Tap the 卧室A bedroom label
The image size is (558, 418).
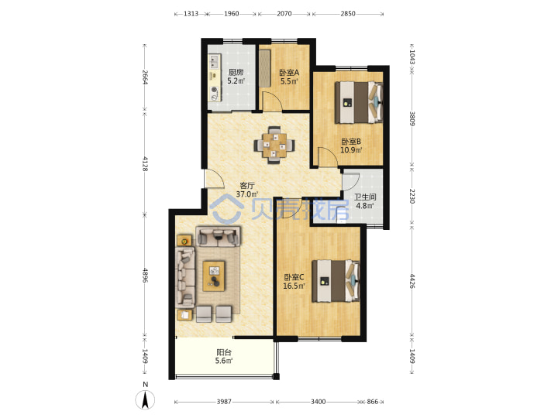pos(289,73)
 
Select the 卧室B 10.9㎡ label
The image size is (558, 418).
pos(351,146)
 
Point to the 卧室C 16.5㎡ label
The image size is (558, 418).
pos(294,282)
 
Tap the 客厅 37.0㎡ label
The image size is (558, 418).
pos(247,190)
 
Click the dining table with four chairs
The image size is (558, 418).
pos(274,145)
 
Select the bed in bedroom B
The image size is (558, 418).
pos(359,102)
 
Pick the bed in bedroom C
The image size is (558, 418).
pos(336,281)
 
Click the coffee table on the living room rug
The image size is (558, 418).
pos(214,276)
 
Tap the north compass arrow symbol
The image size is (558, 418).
pos(145,399)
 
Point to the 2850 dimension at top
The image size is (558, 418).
pos(348,13)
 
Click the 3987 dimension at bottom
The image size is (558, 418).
pos(224,402)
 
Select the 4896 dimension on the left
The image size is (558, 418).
pos(144,275)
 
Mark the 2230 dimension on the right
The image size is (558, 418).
pos(412,196)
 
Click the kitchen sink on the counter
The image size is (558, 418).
pos(214,61)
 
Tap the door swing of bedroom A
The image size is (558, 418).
pos(272,101)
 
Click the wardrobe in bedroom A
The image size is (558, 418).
pos(264,68)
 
